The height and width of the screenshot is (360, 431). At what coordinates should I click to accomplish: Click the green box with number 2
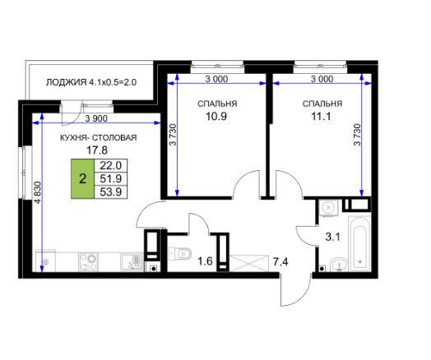[x=82, y=178]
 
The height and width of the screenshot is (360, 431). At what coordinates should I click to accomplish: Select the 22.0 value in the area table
[x=110, y=165]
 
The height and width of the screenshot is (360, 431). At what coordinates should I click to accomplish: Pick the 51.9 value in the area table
[x=110, y=178]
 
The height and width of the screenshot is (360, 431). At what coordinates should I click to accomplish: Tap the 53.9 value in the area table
[x=110, y=192]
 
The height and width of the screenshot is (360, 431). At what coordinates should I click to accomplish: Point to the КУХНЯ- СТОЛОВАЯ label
[x=99, y=137]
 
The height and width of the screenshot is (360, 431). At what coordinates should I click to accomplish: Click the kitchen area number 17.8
[x=97, y=150]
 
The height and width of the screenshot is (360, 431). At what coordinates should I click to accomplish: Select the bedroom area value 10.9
[x=216, y=116]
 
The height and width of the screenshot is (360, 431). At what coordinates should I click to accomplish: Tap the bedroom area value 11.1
[x=321, y=116]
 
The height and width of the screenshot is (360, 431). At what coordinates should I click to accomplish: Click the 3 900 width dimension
[x=96, y=118]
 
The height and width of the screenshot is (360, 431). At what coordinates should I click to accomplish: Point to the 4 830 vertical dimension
[x=38, y=192]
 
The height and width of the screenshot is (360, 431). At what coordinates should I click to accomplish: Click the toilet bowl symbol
[x=180, y=254]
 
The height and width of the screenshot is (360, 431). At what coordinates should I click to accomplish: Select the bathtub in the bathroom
[x=359, y=244]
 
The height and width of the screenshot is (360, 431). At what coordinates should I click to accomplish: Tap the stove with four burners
[x=89, y=262]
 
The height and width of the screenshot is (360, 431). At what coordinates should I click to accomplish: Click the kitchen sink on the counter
[x=132, y=262]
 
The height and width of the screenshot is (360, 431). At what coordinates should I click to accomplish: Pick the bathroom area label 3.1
[x=333, y=237]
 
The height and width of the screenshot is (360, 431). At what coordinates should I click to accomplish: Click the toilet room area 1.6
[x=206, y=261]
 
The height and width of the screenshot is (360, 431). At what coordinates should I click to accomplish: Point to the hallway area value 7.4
[x=280, y=262]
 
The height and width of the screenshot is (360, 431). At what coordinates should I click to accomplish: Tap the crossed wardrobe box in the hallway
[x=248, y=263]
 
